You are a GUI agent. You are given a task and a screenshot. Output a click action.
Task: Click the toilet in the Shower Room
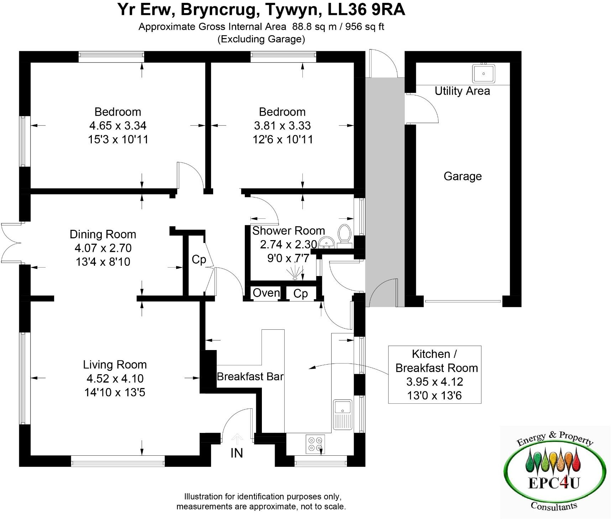(344, 235)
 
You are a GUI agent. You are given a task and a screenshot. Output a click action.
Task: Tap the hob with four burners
(315, 444)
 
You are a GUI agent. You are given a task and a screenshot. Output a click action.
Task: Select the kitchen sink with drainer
(342, 414)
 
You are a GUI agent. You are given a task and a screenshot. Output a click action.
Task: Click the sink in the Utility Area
(484, 74)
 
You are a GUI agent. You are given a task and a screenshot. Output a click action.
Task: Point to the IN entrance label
(237, 453)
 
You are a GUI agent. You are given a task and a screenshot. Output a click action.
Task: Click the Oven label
(266, 293)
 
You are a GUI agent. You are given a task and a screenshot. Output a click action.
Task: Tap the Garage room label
(463, 176)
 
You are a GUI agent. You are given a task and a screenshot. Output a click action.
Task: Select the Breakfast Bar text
(250, 376)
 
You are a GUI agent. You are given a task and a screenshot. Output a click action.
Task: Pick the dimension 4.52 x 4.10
(115, 378)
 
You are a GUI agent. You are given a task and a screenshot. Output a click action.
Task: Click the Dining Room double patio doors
(11, 244)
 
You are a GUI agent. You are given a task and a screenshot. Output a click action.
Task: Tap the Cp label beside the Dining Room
(199, 259)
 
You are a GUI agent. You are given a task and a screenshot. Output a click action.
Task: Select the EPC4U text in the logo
(554, 483)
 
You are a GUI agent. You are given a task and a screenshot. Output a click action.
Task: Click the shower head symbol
(295, 273)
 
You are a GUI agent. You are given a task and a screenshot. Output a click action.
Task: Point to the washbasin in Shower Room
(326, 243)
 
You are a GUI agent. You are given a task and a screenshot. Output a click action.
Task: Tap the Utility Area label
(462, 91)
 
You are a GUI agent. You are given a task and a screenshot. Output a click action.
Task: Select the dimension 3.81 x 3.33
(282, 126)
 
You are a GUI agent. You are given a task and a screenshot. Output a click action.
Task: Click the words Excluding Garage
(261, 39)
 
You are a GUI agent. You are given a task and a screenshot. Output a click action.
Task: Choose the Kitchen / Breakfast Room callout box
(434, 374)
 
